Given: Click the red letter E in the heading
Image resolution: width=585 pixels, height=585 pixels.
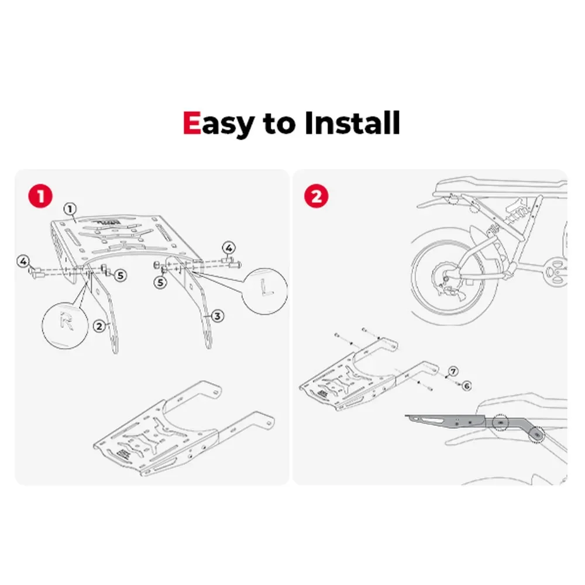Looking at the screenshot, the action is coord(192,123).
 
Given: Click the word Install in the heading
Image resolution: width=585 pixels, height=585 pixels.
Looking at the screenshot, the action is coord(353,122).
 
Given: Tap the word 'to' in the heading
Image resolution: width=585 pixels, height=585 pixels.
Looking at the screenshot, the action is coord(278,124).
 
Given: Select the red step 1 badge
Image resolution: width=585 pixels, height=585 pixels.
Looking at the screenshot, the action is coord(40,196).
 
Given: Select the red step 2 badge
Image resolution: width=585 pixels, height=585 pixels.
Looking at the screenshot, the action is coord(316,196).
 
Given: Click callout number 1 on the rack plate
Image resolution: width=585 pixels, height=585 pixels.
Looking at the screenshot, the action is coord(70,209).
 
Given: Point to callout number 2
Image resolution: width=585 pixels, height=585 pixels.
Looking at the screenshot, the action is coord(99,326).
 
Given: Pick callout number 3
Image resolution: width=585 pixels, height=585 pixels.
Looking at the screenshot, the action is coord(218,316).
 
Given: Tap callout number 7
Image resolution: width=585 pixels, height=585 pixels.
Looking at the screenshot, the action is coord(453,371).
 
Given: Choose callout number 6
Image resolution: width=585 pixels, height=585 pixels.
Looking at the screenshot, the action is coord(467,386).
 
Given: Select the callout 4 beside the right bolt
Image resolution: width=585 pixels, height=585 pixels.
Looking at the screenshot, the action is coord(229,247).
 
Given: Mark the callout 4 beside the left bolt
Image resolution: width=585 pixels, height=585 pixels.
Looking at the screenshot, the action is coord(23,261).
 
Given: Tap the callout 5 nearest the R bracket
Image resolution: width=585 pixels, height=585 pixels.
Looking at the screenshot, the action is coord(120,276).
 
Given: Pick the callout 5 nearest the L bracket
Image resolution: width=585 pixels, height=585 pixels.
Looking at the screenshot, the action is coord(160,283).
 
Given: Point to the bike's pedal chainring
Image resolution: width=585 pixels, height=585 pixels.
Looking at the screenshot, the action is coord(556,270).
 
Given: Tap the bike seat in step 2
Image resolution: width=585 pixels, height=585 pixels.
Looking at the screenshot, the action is coord(500,187).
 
